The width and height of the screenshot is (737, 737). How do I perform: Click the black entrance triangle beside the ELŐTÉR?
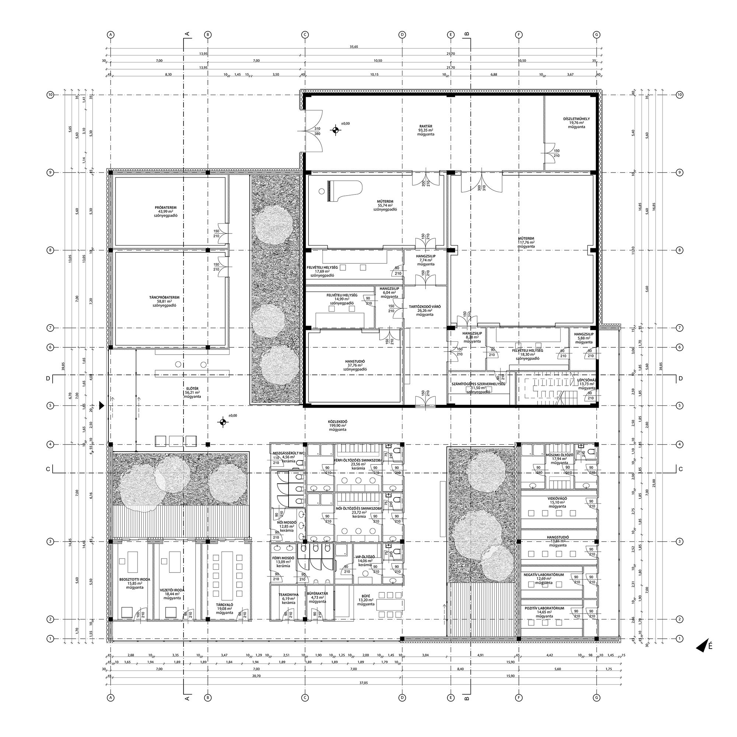click(102, 406)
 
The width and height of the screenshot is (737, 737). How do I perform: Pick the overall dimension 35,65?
click(353, 47)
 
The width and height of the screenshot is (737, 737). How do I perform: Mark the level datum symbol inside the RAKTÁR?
click(335, 130)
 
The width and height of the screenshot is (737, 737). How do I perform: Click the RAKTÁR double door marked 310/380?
click(313, 130)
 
